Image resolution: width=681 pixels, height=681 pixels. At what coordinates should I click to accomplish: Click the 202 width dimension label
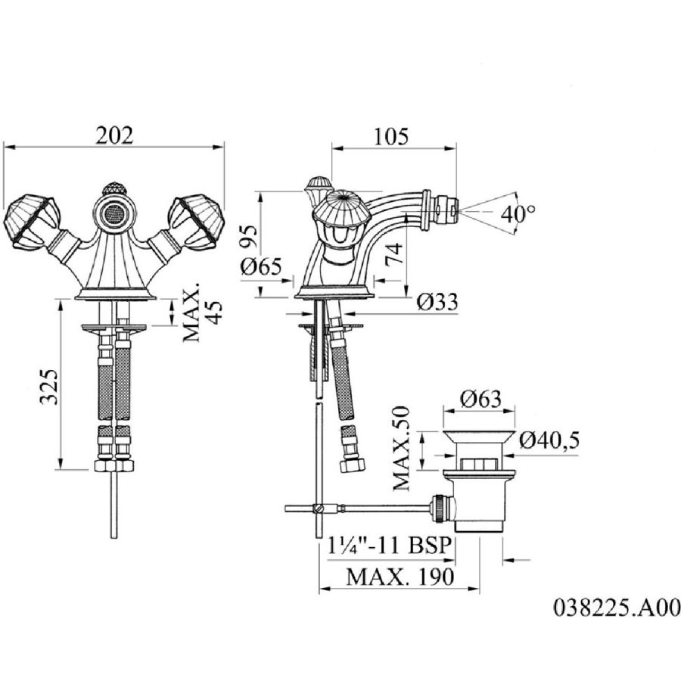tap(114, 135)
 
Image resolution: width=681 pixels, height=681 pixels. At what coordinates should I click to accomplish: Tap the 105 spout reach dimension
tap(391, 136)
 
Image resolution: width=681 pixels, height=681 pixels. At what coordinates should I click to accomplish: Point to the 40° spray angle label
tap(518, 213)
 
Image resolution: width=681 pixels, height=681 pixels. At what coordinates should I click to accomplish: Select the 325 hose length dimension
tap(49, 387)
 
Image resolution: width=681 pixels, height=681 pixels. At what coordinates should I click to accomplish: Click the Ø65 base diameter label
tap(262, 266)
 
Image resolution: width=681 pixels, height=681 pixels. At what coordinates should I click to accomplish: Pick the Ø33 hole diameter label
tap(437, 301)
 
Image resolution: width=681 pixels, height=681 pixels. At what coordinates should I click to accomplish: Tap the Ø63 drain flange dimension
tap(480, 398)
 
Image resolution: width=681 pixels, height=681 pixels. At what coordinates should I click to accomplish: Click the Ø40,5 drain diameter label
tap(549, 441)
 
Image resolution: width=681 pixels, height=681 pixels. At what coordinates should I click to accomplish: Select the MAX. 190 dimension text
tap(400, 577)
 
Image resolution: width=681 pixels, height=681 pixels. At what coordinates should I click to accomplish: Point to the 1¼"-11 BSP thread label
tap(388, 546)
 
